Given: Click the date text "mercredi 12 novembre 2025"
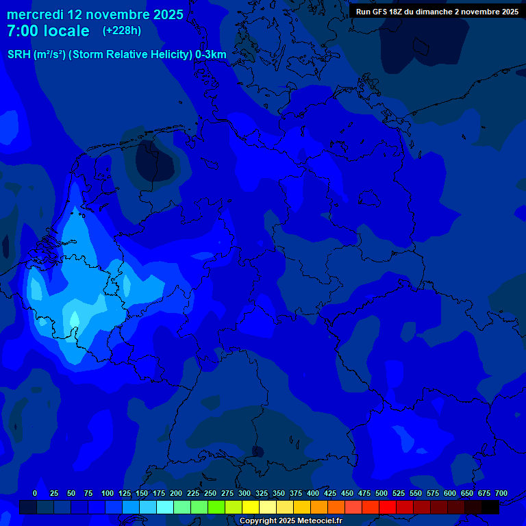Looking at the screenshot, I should coord(95,14).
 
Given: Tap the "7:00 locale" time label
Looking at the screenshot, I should coord(48,31).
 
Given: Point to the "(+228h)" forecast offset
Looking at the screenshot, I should coord(122,31).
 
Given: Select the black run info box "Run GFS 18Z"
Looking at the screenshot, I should coord(437,12).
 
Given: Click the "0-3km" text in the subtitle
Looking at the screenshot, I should coord(211,54).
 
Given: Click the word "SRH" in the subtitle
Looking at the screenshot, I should coord(19,54).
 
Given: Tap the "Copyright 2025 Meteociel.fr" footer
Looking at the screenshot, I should coord(290,521).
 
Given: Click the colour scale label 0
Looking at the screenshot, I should coord(35,493).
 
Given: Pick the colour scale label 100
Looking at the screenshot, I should coord(108,493).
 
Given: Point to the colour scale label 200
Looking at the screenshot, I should coord(176,493).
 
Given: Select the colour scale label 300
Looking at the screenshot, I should coord(245,493).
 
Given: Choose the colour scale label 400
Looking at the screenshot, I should coord(313,493).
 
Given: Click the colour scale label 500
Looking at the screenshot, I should coord(381,493).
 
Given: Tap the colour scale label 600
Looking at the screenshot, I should coord(450,493).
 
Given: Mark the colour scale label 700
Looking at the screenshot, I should coord(501,493).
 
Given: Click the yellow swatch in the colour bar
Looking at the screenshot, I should coord(251,508).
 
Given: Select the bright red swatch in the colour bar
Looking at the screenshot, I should coord(388,508).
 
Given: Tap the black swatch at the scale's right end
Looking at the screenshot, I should coord(490,508).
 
